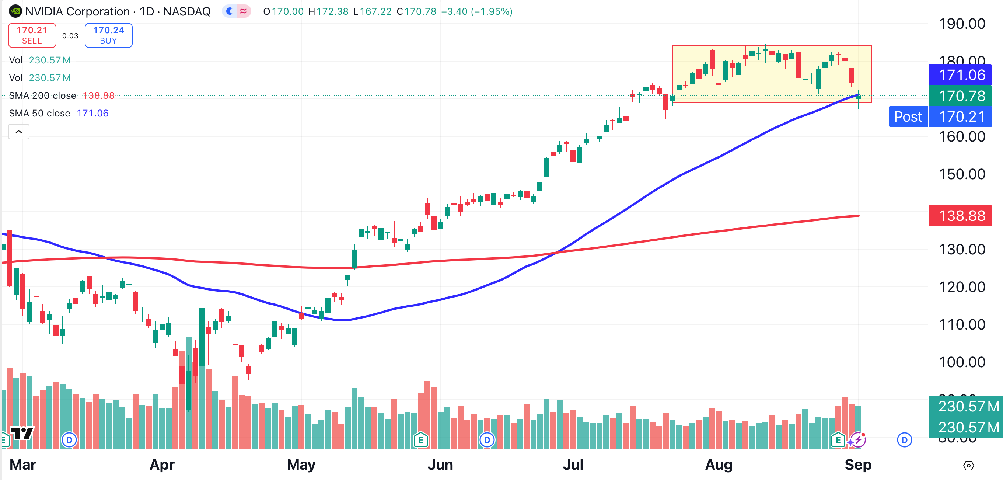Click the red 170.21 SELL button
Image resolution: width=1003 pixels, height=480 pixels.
[x=32, y=35]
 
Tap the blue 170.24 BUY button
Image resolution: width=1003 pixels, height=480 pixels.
[x=108, y=35]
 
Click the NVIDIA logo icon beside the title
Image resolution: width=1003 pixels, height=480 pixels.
[x=15, y=11]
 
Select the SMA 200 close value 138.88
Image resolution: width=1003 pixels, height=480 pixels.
[x=98, y=95]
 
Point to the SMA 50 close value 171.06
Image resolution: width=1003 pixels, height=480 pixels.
[x=92, y=114]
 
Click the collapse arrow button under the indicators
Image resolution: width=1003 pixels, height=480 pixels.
[x=19, y=132]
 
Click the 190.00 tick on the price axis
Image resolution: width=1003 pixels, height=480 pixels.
[x=961, y=24]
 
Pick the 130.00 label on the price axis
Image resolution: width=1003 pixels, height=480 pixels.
[x=961, y=249]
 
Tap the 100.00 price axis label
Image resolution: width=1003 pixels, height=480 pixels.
[x=961, y=362]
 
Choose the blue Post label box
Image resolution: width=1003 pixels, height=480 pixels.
[x=908, y=116]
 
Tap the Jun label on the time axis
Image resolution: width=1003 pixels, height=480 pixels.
[x=440, y=465]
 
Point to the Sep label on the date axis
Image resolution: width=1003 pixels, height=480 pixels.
[x=858, y=465]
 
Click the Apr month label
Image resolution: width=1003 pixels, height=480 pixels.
[x=162, y=465]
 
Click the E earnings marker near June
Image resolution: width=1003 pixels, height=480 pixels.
[x=420, y=440]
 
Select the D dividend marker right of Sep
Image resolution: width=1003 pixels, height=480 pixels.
[x=904, y=440]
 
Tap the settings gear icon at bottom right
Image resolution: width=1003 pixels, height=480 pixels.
[x=968, y=466]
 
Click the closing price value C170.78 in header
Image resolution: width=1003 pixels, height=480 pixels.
[x=416, y=11]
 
